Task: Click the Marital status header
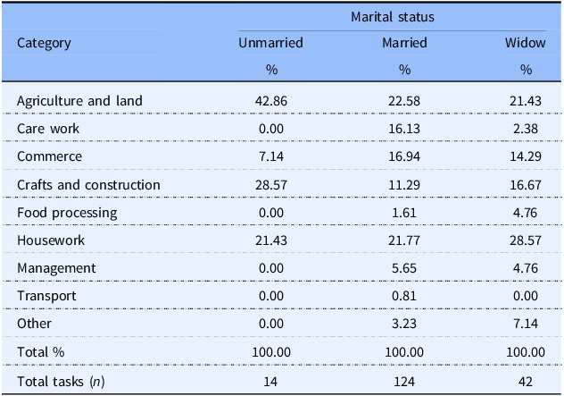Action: [393, 17]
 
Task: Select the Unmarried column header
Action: [270, 43]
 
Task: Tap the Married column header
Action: [404, 43]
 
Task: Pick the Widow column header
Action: [525, 43]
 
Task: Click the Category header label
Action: [44, 43]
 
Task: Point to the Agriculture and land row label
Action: [79, 101]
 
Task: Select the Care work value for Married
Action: [404, 129]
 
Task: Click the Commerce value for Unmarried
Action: [271, 156]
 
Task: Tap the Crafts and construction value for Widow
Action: [525, 185]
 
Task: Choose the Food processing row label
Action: [67, 213]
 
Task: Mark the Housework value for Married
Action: [404, 240]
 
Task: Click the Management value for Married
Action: [404, 268]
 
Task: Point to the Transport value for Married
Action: [404, 296]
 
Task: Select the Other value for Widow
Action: [526, 324]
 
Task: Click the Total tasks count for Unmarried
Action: [270, 382]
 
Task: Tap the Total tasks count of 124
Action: [404, 382]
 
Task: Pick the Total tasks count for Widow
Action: [526, 382]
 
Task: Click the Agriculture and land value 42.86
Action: [271, 101]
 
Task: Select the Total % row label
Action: [41, 352]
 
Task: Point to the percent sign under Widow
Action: [526, 70]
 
